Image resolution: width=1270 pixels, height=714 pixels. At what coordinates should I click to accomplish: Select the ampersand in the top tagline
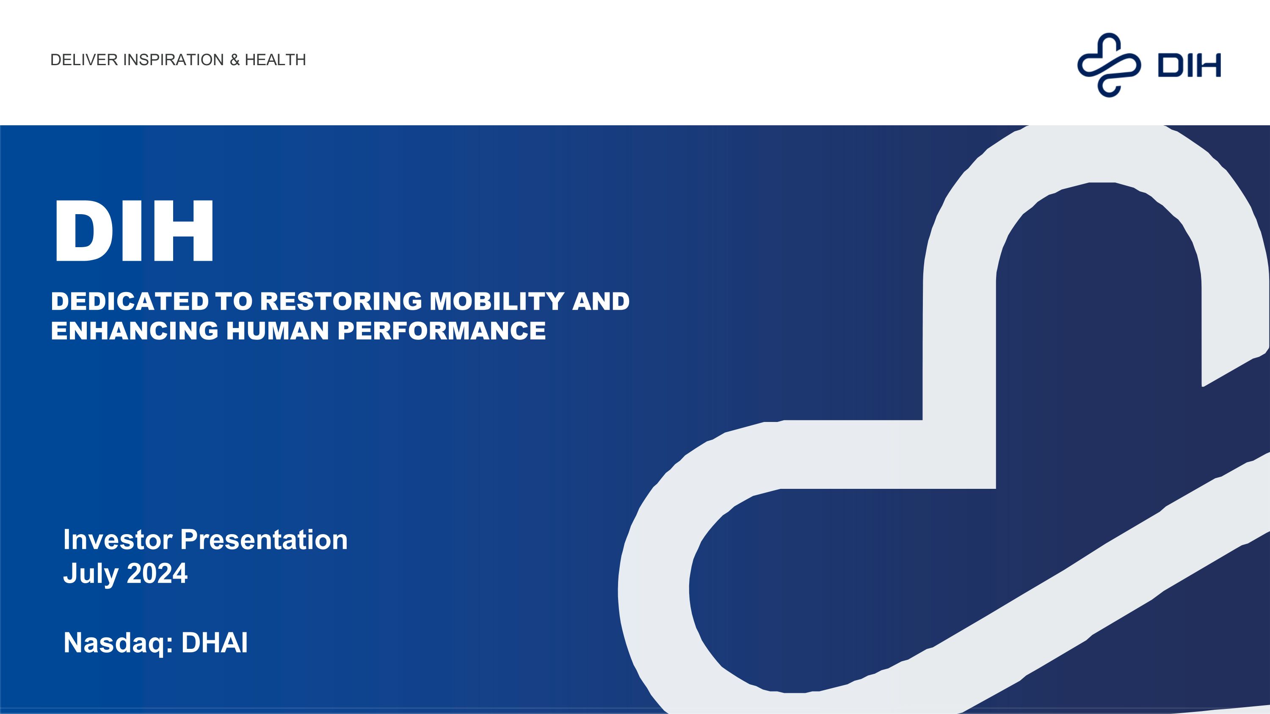tap(235, 60)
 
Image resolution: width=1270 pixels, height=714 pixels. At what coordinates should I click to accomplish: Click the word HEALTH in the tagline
tap(275, 60)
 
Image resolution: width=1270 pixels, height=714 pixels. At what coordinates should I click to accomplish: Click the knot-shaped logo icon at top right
tap(1109, 65)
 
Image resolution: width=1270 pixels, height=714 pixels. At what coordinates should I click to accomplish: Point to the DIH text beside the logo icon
tap(1189, 66)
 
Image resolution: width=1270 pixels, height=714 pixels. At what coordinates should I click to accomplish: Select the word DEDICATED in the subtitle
tap(130, 302)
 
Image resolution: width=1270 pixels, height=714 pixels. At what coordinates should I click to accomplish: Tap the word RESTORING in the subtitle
tap(341, 302)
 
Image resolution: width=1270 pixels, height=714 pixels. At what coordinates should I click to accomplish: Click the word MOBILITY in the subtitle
tap(497, 302)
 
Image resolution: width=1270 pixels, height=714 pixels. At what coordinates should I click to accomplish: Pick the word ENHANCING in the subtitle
tap(135, 331)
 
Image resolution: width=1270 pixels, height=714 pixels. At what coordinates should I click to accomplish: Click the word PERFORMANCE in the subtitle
tap(442, 331)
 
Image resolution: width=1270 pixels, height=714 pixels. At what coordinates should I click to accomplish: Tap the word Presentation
tap(264, 540)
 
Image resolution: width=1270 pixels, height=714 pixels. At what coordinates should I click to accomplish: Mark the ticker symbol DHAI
tap(215, 642)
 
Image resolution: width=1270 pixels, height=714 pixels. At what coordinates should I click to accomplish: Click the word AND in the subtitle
tap(600, 302)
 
